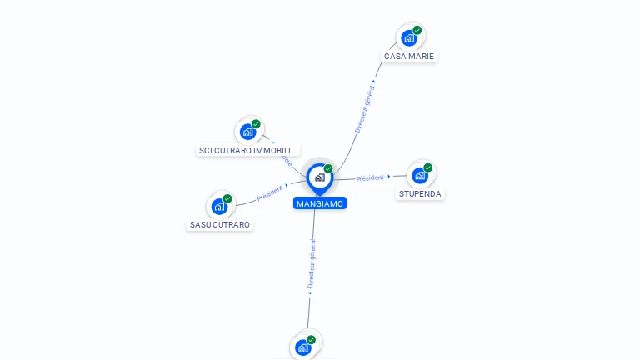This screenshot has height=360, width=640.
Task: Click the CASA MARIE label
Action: click(x=408, y=56)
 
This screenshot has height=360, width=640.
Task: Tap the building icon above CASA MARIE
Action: click(x=408, y=37)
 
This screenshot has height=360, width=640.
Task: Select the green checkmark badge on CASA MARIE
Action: click(x=417, y=30)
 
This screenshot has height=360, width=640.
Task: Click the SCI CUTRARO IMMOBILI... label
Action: click(x=248, y=150)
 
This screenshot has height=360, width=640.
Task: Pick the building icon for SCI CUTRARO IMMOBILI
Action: click(x=247, y=132)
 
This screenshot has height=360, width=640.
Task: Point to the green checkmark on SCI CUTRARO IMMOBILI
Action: click(x=256, y=124)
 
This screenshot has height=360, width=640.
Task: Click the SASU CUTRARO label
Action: click(x=220, y=224)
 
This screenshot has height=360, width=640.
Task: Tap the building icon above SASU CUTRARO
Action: click(x=219, y=206)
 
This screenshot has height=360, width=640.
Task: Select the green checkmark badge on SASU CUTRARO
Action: click(x=227, y=198)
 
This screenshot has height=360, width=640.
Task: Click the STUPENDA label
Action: click(x=420, y=193)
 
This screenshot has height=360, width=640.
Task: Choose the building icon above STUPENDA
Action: click(x=419, y=175)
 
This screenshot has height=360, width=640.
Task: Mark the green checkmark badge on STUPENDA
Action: click(x=428, y=167)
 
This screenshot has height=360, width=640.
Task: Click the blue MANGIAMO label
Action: click(x=319, y=203)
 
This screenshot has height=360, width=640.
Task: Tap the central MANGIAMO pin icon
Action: click(x=318, y=177)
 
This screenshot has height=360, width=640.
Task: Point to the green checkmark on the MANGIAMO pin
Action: click(x=328, y=168)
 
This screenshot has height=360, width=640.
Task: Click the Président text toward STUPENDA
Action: click(x=370, y=177)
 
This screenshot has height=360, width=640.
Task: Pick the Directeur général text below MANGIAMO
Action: click(x=312, y=263)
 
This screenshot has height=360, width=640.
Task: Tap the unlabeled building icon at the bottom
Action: click(x=302, y=347)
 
